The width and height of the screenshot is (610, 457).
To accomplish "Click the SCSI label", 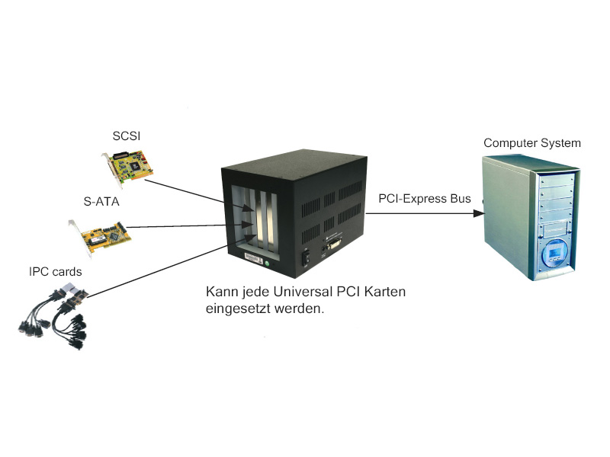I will (127, 136).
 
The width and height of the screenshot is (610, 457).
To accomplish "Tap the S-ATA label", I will (101, 203).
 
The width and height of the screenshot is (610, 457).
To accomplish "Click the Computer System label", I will (531, 142).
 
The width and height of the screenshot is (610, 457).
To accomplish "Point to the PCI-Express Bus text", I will (424, 199).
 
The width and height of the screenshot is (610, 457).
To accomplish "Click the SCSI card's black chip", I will (135, 163).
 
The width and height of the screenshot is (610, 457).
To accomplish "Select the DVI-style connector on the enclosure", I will (335, 246).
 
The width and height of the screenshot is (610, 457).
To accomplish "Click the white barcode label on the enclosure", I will (251, 257).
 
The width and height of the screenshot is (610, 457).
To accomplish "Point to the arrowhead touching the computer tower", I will (478, 214).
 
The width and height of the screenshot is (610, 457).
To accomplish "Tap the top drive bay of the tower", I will (555, 177).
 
